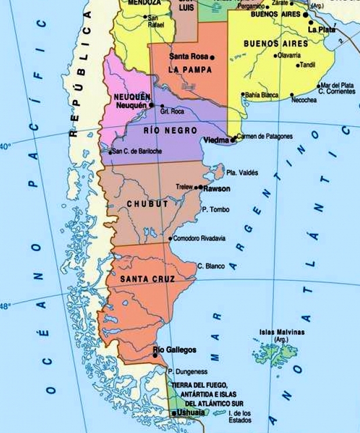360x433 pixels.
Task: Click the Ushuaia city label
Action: (x=191, y=412)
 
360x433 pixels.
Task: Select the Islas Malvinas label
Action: (x=282, y=333)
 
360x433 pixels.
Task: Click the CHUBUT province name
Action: (x=147, y=204)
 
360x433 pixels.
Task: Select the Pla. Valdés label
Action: (x=241, y=173)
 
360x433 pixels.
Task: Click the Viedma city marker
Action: (x=233, y=140)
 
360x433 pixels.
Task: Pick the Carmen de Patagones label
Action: (x=265, y=137)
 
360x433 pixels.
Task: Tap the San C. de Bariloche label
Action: (x=137, y=152)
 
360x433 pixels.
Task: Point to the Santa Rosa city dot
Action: (x=213, y=57)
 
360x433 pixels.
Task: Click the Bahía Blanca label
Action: (x=262, y=95)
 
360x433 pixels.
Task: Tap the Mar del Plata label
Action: (x=337, y=85)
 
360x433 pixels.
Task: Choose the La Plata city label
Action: (x=322, y=29)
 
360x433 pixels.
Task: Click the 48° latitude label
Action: (x=5, y=306)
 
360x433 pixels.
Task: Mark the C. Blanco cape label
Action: (x=211, y=266)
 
